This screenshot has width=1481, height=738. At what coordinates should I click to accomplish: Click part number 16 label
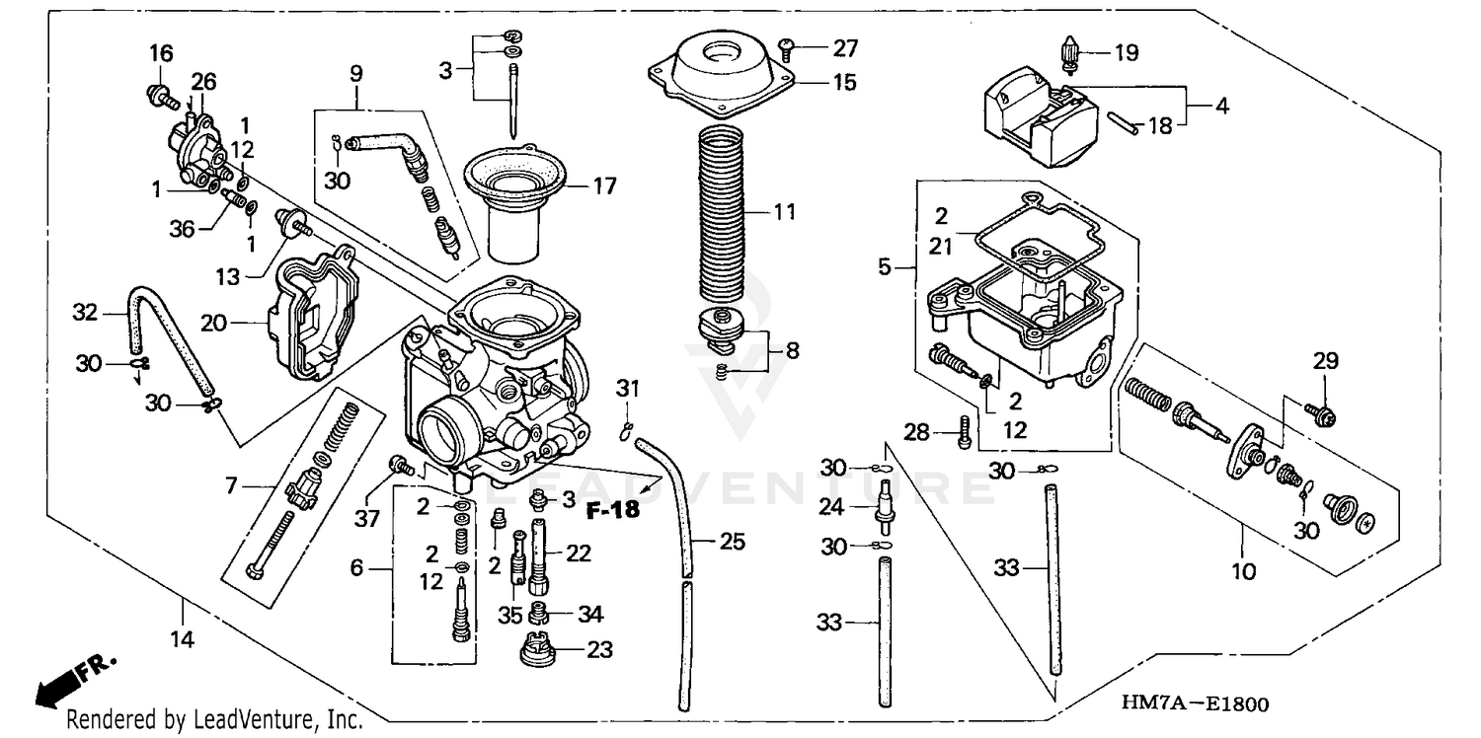point(161,52)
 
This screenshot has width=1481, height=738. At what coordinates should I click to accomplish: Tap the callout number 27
point(844,47)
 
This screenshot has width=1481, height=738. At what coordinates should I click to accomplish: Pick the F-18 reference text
point(612,510)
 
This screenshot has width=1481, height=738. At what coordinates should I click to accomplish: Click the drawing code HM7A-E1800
point(1195,703)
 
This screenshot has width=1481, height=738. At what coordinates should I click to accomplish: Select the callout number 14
point(181,639)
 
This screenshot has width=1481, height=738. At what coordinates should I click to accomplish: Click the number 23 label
point(599,650)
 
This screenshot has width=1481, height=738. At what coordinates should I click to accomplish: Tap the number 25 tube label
point(732,541)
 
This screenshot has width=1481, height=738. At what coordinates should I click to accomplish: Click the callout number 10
point(1244,569)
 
